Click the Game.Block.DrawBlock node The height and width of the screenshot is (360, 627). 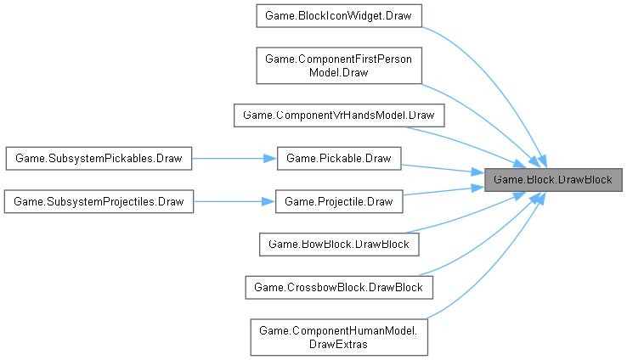(x=552, y=180)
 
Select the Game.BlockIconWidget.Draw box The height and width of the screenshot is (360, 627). (x=339, y=16)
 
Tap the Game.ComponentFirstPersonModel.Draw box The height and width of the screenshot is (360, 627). (x=339, y=65)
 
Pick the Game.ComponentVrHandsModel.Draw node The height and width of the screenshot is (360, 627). (x=339, y=114)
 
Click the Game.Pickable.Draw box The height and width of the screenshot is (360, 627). (x=339, y=158)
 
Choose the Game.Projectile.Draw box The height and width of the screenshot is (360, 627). (x=339, y=201)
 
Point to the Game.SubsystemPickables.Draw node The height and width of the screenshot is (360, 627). (x=99, y=158)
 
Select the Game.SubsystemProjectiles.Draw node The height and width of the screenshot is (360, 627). (x=99, y=201)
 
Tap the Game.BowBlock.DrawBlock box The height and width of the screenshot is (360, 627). (x=339, y=245)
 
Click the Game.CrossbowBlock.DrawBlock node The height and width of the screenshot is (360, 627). (x=339, y=288)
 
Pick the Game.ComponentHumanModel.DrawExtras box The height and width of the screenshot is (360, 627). (x=339, y=336)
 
